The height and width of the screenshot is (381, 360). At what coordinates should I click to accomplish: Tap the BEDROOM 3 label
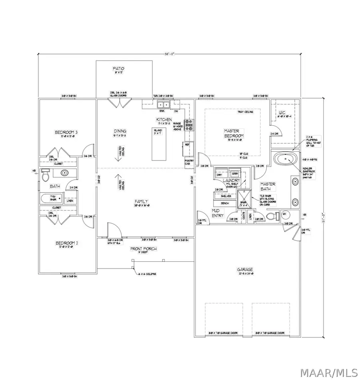coord(66,132)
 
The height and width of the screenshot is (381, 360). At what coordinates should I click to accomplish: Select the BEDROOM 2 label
coord(66,243)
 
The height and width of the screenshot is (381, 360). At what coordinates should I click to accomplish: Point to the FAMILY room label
coord(142,201)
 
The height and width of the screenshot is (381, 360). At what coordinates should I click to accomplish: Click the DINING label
coord(120,131)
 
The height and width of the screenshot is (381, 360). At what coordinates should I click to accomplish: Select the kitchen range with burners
coord(189,125)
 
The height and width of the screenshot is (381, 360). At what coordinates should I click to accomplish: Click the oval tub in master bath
coord(285,160)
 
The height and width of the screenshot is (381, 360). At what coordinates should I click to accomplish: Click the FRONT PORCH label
coord(143,249)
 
